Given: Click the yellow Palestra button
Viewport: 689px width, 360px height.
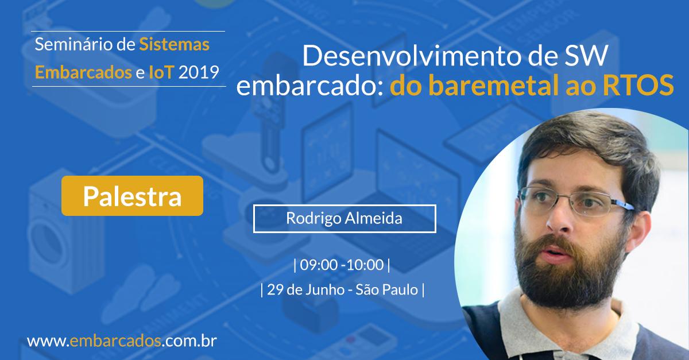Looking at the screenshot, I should [x=132, y=196].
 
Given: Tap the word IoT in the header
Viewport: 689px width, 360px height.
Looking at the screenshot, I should [x=161, y=73].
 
